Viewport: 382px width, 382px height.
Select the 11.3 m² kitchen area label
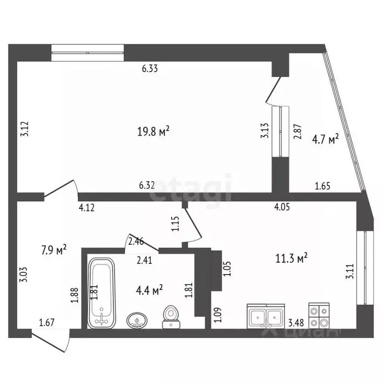(291, 258)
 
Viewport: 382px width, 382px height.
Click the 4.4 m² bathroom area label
(149, 290)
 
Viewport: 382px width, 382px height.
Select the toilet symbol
(171, 317)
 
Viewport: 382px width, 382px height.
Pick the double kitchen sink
(266, 315)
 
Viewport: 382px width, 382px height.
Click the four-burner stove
(319, 314)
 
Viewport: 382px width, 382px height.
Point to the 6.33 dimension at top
(150, 69)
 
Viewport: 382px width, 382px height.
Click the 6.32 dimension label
(147, 185)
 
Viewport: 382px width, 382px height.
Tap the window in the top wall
(88, 52)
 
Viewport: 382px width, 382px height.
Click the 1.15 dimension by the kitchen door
(175, 223)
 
